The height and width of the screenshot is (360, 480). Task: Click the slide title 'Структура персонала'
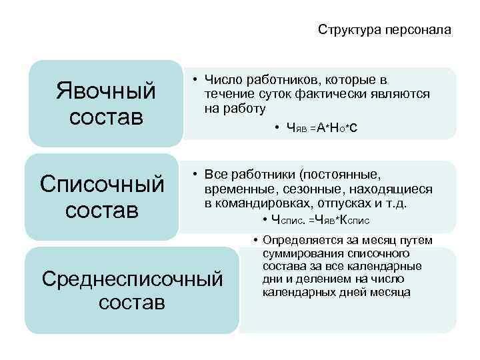click(x=385, y=30)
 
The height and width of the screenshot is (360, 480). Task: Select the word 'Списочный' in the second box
click(x=102, y=183)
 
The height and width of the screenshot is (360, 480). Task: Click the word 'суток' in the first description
click(x=267, y=94)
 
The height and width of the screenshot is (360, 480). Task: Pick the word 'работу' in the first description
click(x=244, y=108)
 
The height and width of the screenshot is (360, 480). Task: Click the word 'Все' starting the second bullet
click(x=217, y=175)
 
